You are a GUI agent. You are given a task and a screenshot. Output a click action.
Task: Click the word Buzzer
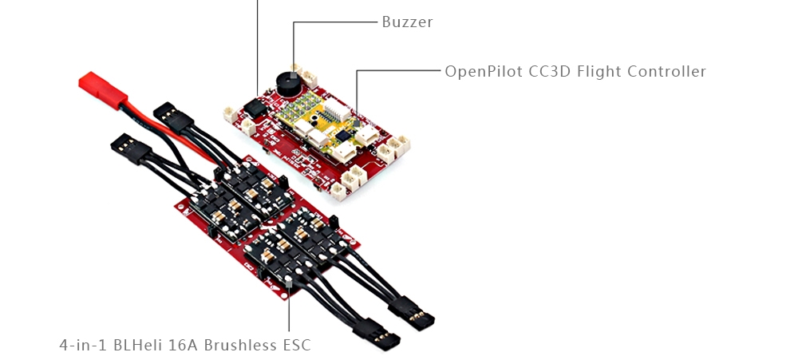tap(407, 22)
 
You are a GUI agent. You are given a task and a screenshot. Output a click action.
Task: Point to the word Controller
tap(666, 72)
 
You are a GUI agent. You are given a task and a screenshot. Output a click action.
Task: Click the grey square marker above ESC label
tap(288, 284)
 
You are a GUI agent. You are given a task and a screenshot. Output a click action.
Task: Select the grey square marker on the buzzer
tap(294, 67)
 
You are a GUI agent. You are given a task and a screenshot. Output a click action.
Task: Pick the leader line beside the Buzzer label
tap(335, 22)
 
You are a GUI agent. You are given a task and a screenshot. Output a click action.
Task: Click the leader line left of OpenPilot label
tap(399, 71)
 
